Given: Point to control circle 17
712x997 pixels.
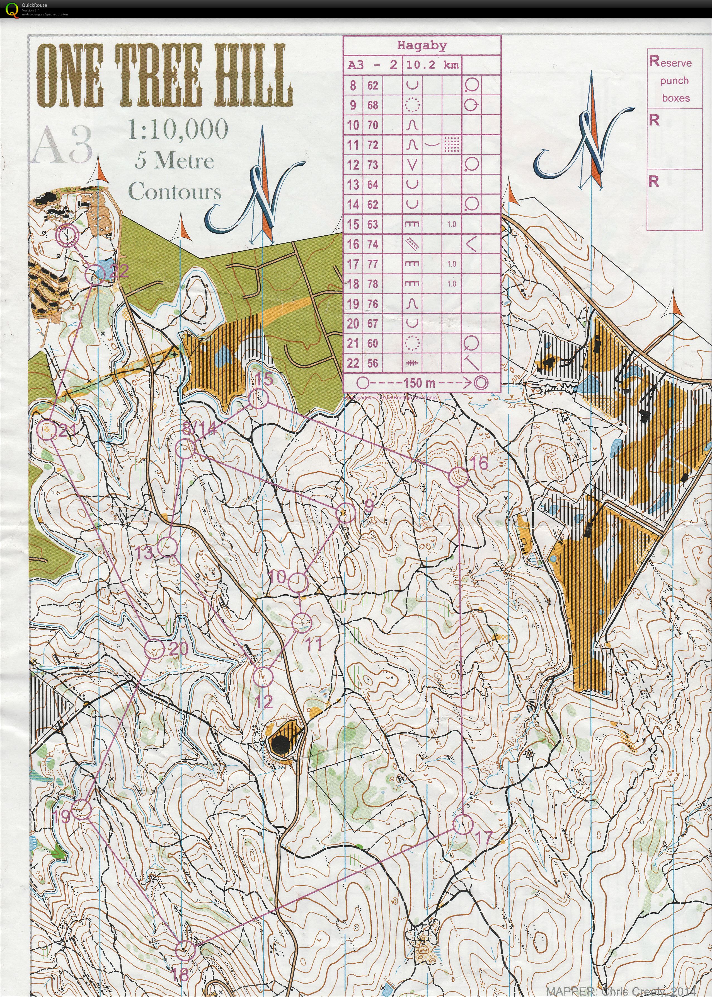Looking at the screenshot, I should (462, 825).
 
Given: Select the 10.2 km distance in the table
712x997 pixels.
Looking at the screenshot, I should (432, 65).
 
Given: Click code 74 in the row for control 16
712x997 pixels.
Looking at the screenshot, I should (373, 244).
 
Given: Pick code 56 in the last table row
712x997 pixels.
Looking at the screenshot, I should (373, 363).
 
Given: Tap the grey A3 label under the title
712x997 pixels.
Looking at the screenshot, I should (62, 145).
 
